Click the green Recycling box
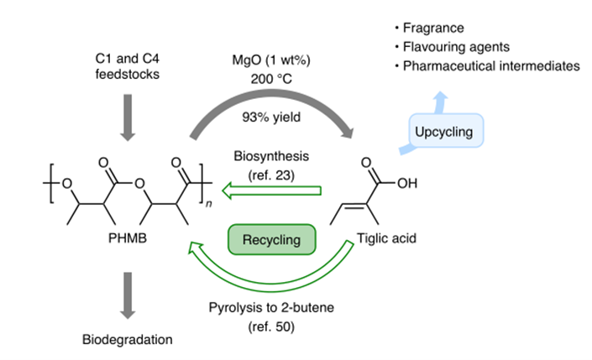click(271, 240)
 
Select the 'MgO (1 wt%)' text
click(271, 62)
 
